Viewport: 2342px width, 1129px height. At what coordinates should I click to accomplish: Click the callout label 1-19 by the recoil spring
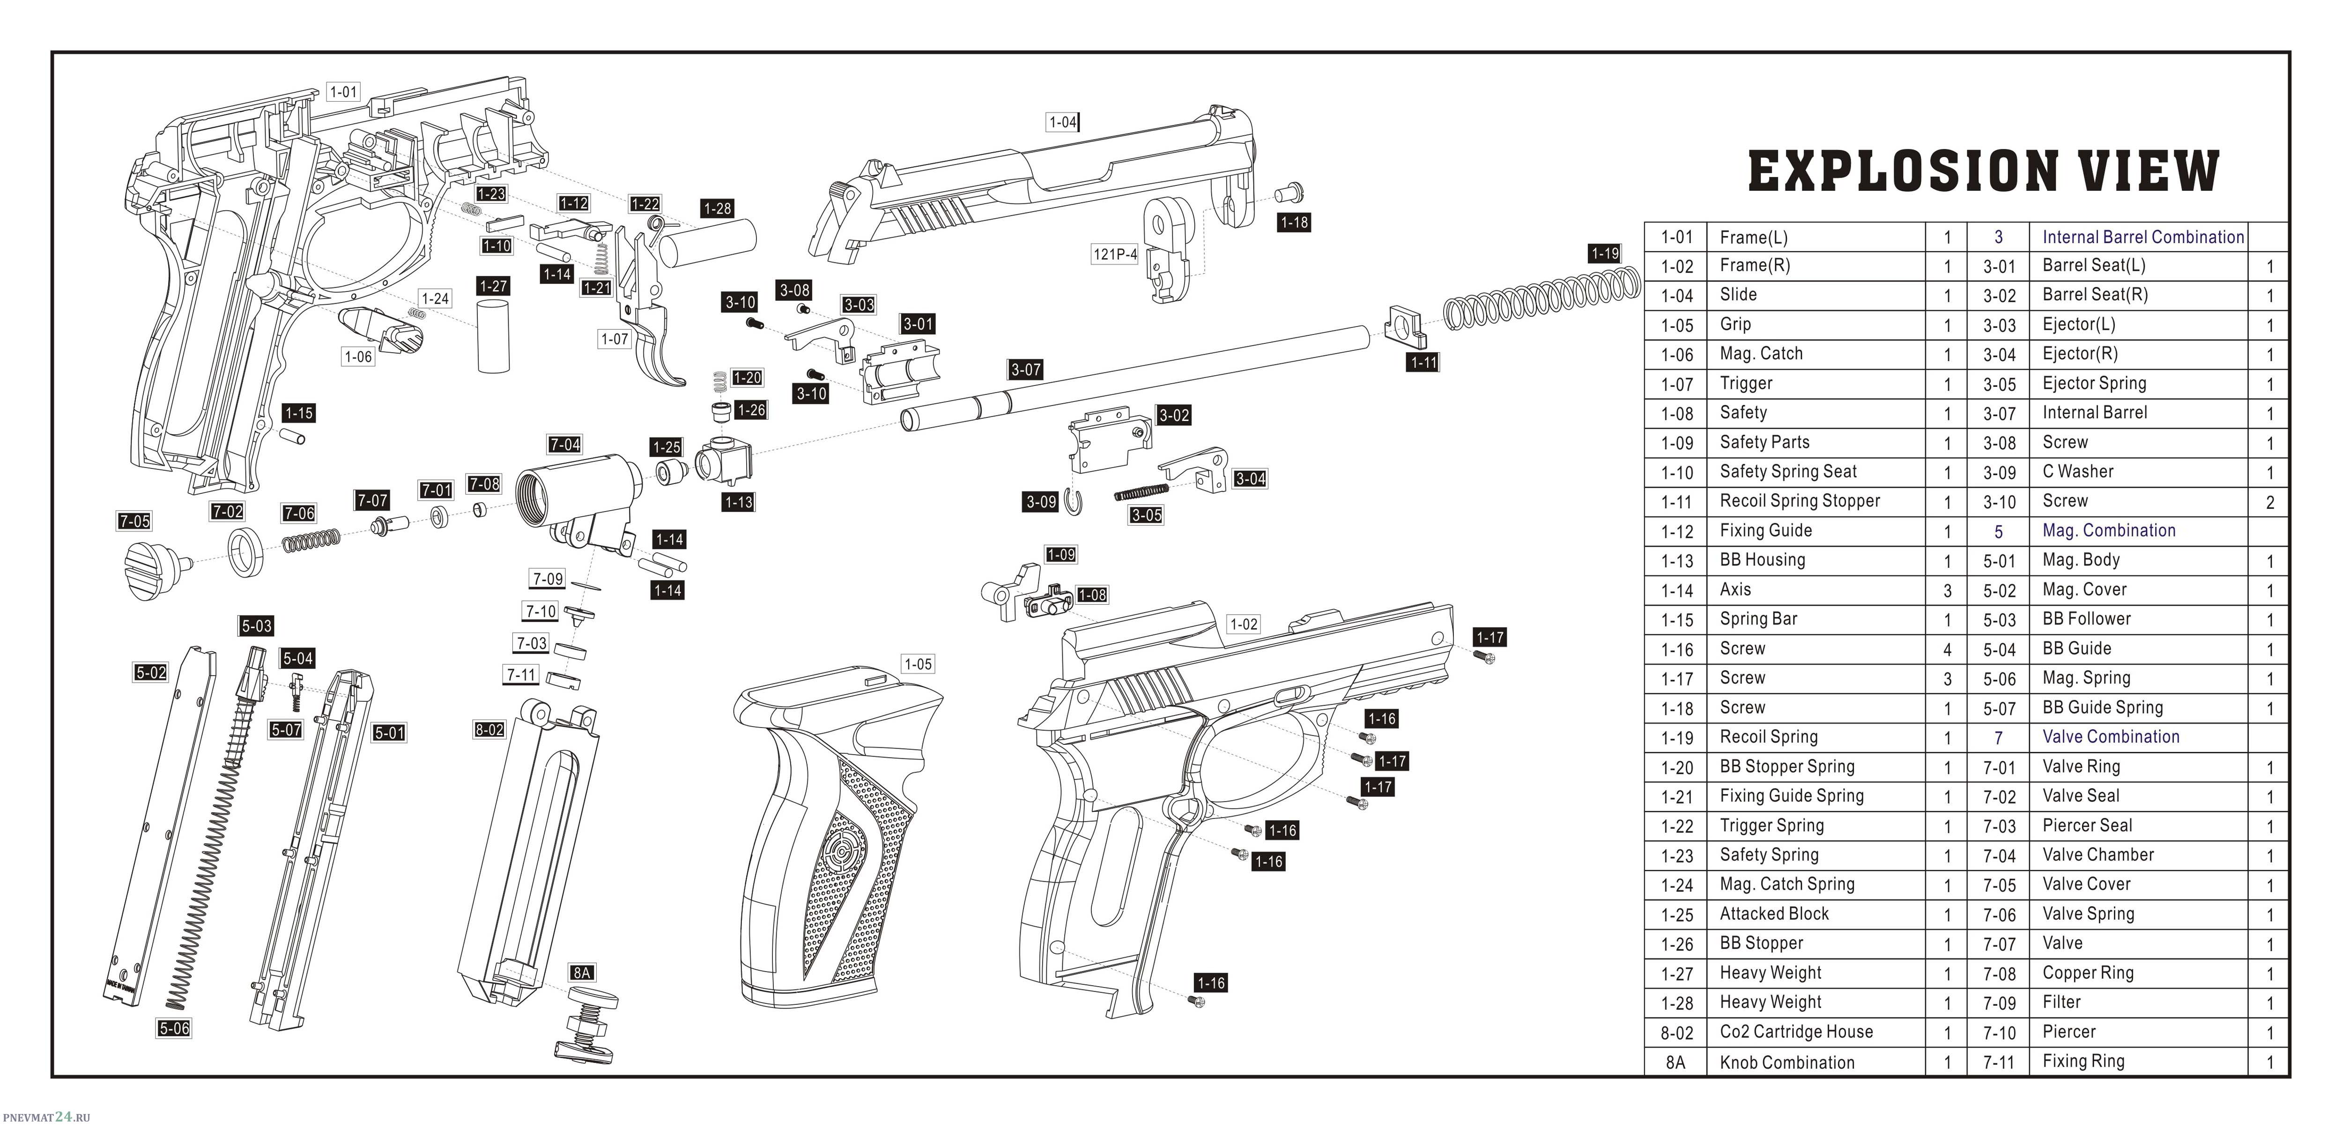pos(1605,253)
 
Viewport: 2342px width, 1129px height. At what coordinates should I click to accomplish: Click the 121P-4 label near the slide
pos(1115,254)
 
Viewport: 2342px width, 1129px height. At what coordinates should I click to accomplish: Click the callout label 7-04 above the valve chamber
pos(564,445)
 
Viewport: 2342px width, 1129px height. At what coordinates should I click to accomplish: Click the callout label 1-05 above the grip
pos(917,664)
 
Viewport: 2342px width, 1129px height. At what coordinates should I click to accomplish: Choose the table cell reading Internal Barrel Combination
pos(2143,237)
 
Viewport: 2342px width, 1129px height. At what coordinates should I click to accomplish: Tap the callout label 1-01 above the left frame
pos(344,92)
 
